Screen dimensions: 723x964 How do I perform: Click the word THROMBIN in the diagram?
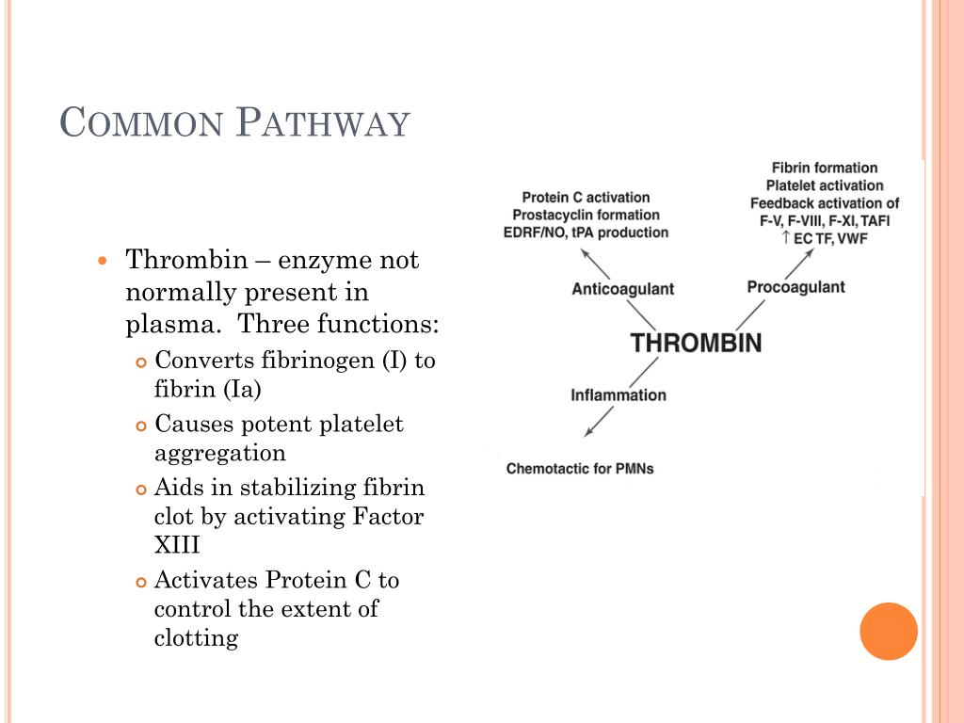pos(696,343)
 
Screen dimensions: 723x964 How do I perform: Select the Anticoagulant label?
pos(622,289)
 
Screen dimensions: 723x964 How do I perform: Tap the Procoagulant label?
pos(795,287)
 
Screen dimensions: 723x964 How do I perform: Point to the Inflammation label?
pos(618,395)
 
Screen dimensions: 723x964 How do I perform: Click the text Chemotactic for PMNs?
pos(579,468)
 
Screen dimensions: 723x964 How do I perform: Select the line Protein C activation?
pos(586,198)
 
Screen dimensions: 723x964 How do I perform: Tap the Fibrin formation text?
pos(824,168)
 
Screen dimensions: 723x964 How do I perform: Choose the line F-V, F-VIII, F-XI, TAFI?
pos(825,220)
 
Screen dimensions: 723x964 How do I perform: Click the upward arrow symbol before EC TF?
pos(786,238)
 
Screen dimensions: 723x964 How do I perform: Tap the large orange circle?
pos(888,631)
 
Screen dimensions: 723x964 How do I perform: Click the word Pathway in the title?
pos(323,123)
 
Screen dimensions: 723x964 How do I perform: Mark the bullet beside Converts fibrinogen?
pos(141,362)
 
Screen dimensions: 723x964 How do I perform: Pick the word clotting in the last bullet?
pos(196,637)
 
